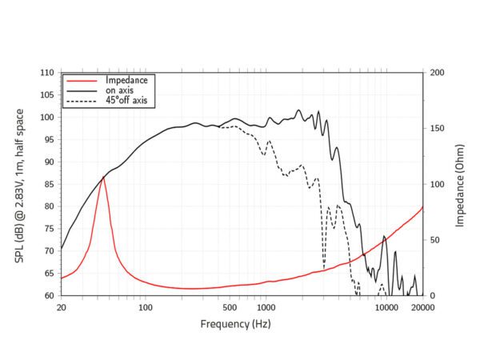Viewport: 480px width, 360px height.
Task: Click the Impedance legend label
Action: click(x=126, y=80)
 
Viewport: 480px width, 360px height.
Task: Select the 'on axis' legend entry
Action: click(x=120, y=90)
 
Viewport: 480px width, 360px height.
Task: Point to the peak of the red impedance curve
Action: click(x=103, y=177)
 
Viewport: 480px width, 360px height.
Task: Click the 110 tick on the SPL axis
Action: click(x=47, y=73)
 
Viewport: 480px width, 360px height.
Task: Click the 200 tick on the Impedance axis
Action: click(x=437, y=73)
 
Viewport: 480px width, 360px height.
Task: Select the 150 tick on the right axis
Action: click(x=437, y=128)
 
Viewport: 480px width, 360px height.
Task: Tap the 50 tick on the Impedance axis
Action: click(x=434, y=240)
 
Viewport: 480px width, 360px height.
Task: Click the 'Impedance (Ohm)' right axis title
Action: click(x=461, y=184)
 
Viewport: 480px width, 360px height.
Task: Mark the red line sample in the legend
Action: click(x=82, y=80)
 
